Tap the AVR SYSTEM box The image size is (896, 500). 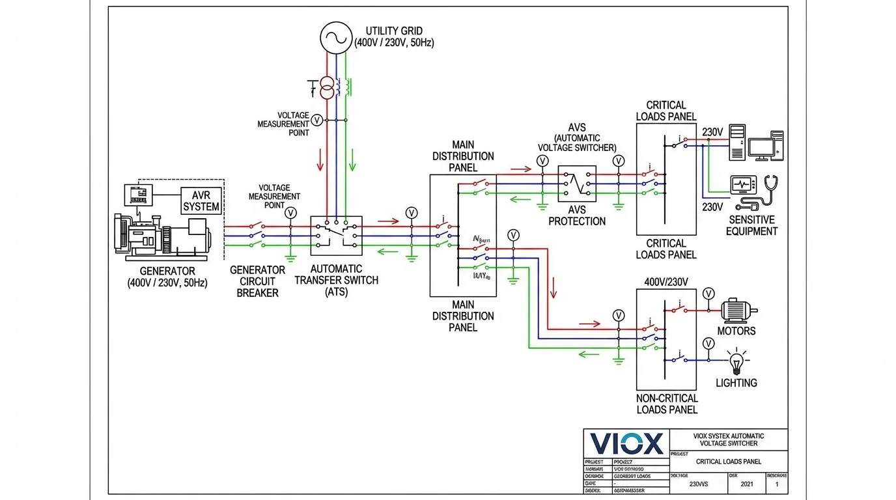(201, 201)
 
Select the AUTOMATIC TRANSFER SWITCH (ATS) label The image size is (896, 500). (337, 281)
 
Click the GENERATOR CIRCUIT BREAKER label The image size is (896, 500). (257, 281)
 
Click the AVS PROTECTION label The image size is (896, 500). (577, 215)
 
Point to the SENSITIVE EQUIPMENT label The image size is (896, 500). (753, 225)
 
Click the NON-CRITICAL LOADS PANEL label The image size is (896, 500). (666, 404)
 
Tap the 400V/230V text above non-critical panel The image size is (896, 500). (666, 282)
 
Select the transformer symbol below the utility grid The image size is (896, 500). (328, 87)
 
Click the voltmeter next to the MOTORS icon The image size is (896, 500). (709, 294)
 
